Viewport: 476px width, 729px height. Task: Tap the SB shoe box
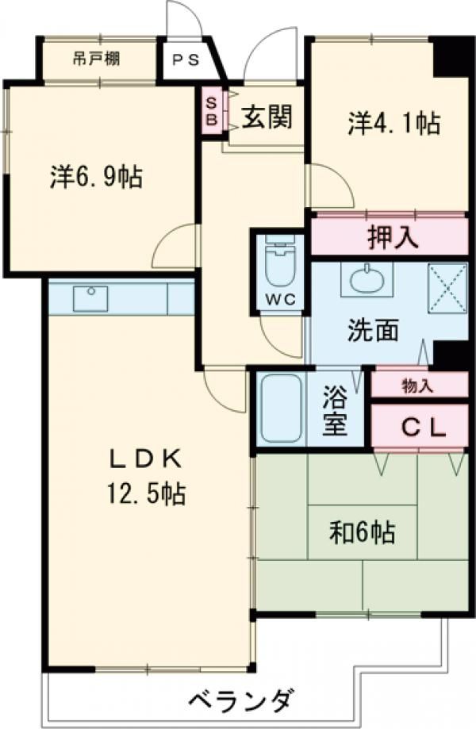[x=211, y=110]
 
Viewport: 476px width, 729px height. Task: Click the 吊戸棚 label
[x=98, y=58]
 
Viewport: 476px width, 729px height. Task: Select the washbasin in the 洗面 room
[x=365, y=279]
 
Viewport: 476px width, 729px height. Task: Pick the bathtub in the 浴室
[x=281, y=407]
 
